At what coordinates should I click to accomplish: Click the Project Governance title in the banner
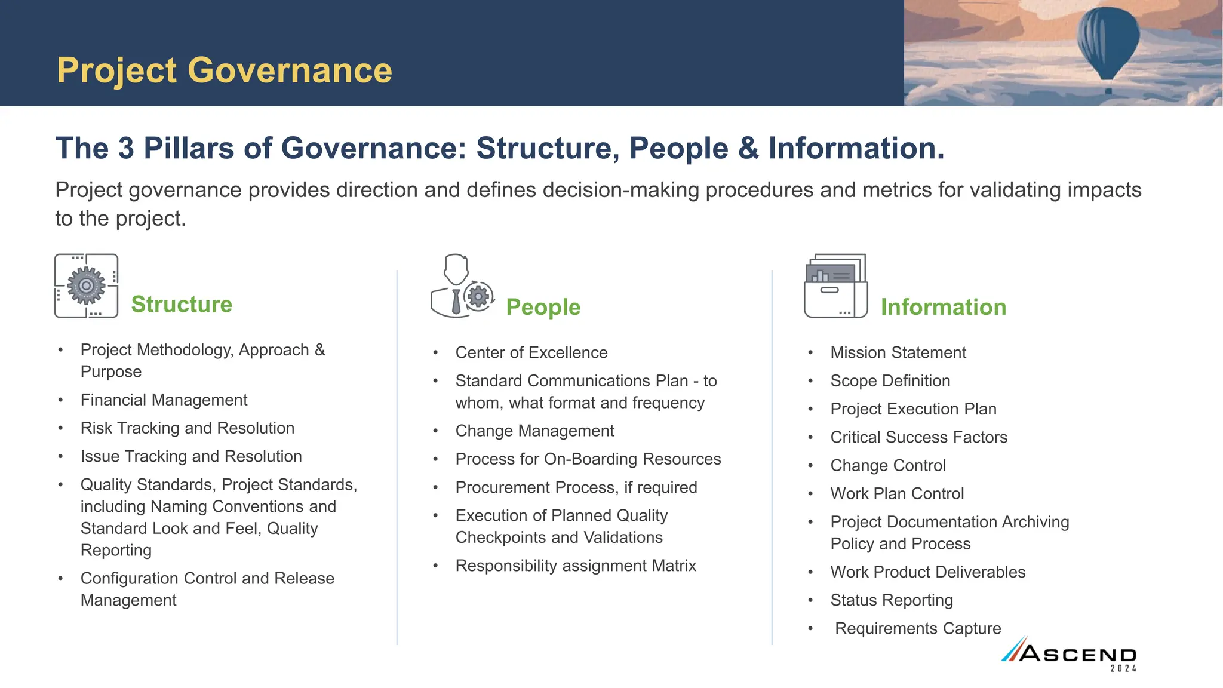point(225,70)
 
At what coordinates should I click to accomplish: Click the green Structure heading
point(182,304)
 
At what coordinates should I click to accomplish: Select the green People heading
point(543,307)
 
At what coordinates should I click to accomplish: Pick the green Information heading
point(943,307)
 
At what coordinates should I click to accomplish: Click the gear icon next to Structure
point(86,285)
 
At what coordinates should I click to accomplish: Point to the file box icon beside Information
point(835,286)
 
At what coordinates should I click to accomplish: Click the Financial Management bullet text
point(164,400)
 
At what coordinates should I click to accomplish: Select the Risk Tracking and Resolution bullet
point(188,428)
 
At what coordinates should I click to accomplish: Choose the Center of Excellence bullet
point(531,352)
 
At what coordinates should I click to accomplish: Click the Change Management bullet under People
point(534,431)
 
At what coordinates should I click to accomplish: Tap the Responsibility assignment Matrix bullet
point(576,566)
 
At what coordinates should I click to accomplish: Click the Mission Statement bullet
point(898,352)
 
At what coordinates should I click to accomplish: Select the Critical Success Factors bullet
point(918,437)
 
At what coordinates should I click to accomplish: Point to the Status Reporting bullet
point(891,600)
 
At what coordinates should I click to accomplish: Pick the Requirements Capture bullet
point(917,628)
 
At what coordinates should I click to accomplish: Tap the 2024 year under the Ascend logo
point(1123,669)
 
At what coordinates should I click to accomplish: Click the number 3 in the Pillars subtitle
point(126,148)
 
